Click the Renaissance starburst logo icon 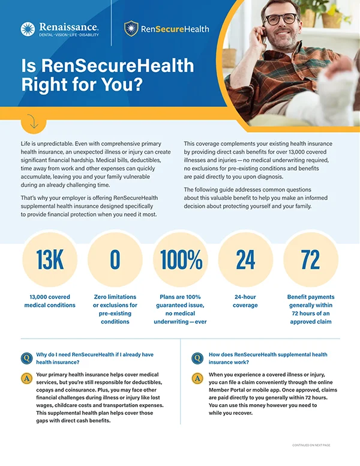point(28,29)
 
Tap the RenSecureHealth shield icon point(131,28)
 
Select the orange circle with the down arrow point(33,121)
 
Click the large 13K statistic point(50,259)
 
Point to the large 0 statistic point(115,259)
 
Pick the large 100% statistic point(181,259)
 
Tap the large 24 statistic point(245,259)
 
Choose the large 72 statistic point(310,259)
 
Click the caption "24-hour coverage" point(245,301)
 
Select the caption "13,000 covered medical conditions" point(50,301)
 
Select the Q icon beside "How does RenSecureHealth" point(197,359)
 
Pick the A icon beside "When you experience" point(197,378)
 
